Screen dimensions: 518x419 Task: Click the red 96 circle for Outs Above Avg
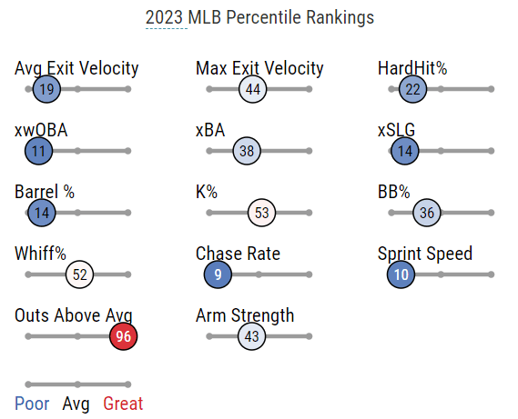tap(123, 336)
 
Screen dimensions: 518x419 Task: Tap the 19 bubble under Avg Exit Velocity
tap(46, 89)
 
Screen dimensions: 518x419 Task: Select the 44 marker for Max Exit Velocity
tap(253, 89)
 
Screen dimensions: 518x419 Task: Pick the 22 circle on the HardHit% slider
tap(412, 89)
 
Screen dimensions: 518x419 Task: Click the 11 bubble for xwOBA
tap(38, 151)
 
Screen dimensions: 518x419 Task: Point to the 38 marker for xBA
tap(247, 151)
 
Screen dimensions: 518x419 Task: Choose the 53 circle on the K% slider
tap(261, 213)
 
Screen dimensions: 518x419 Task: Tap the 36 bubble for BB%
tap(426, 213)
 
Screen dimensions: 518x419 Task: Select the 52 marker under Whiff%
tap(79, 274)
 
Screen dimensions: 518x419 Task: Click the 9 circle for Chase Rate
tap(218, 274)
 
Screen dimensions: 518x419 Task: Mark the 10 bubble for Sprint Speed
tap(401, 274)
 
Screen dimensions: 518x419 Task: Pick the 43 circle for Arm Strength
tap(252, 336)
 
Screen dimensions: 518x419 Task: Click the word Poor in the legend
tap(32, 404)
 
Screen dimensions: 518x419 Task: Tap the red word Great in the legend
tap(123, 404)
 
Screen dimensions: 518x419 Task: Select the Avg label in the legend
tap(76, 404)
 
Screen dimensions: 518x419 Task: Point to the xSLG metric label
tap(396, 130)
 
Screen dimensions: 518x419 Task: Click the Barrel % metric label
tap(45, 192)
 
